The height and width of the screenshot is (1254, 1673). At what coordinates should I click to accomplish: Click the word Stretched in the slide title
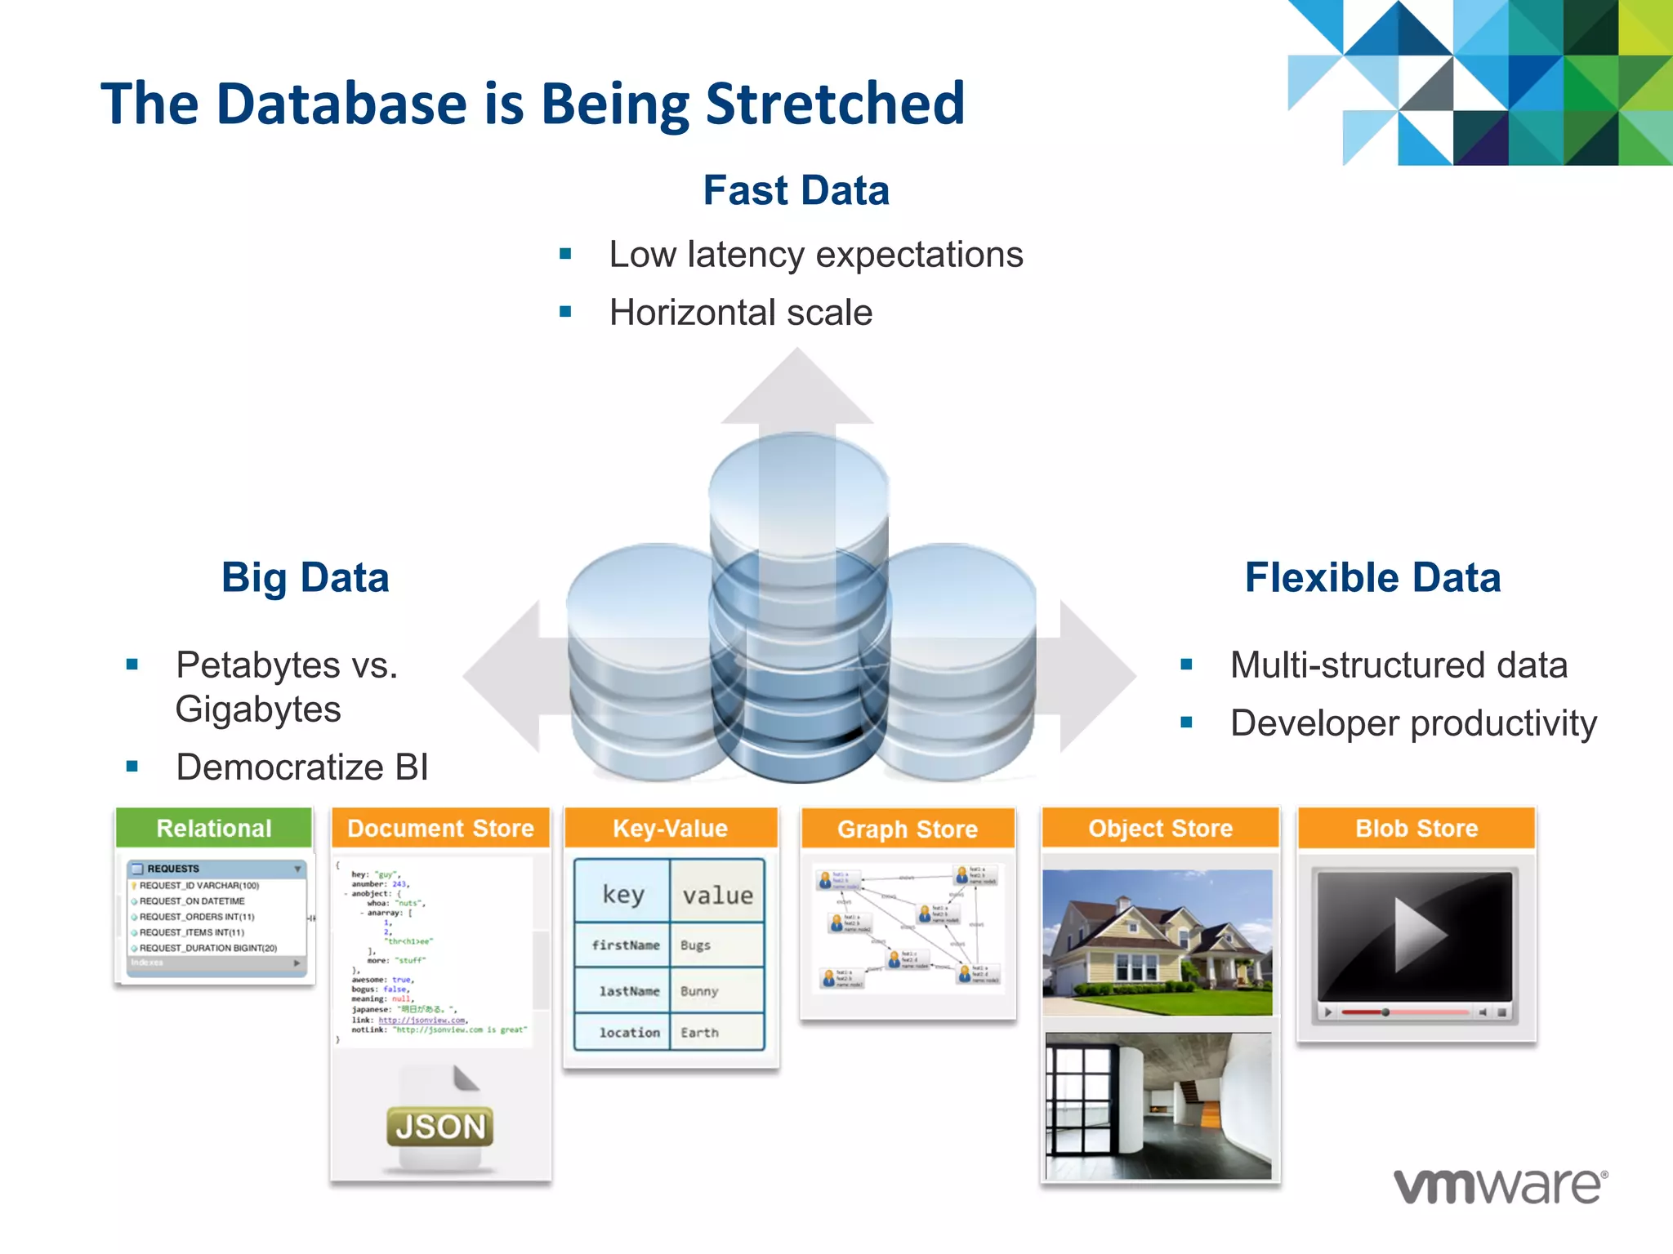pyautogui.click(x=834, y=104)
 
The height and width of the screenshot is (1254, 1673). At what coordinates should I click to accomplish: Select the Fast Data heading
pyautogui.click(x=796, y=190)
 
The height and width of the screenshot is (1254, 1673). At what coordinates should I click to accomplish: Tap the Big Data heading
pyautogui.click(x=305, y=577)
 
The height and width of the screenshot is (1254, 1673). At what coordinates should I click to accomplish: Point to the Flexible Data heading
pyautogui.click(x=1372, y=577)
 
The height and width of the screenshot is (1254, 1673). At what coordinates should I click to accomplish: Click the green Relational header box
pyautogui.click(x=214, y=828)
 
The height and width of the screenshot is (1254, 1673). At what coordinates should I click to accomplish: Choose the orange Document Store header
pyautogui.click(x=440, y=828)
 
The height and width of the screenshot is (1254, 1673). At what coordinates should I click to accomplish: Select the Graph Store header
pyautogui.click(x=908, y=829)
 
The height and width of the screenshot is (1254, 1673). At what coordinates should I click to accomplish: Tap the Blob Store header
pyautogui.click(x=1416, y=828)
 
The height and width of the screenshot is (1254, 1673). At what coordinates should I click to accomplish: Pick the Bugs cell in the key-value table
pyautogui.click(x=696, y=945)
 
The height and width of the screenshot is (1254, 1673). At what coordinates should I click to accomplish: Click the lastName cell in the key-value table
pyautogui.click(x=628, y=991)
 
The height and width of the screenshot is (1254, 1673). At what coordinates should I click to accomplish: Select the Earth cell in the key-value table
pyautogui.click(x=700, y=1033)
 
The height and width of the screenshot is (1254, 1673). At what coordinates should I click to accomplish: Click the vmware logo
pyautogui.click(x=1500, y=1186)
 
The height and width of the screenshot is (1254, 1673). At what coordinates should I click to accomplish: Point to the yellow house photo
pyautogui.click(x=1158, y=942)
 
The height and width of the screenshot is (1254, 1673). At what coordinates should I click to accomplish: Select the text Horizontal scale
pyautogui.click(x=740, y=313)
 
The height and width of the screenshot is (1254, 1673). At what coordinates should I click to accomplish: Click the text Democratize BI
pyautogui.click(x=301, y=767)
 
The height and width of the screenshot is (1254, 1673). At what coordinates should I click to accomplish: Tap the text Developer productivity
pyautogui.click(x=1413, y=723)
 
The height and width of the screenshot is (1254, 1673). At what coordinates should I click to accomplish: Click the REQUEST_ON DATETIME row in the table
pyautogui.click(x=192, y=901)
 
